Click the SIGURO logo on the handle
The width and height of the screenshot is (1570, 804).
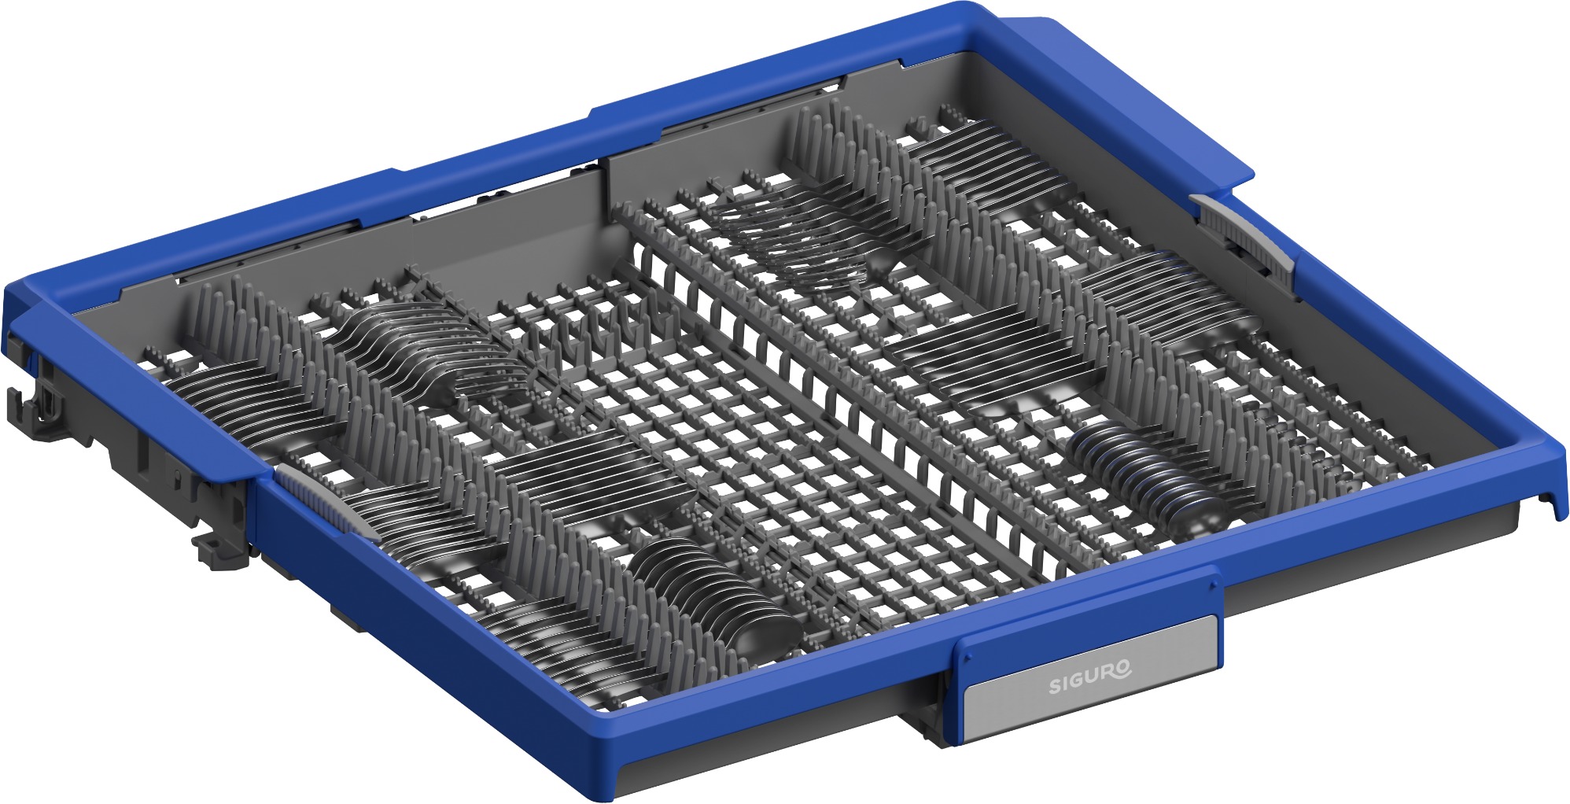coord(1090,677)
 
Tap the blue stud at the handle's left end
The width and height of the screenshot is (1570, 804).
coord(967,655)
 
